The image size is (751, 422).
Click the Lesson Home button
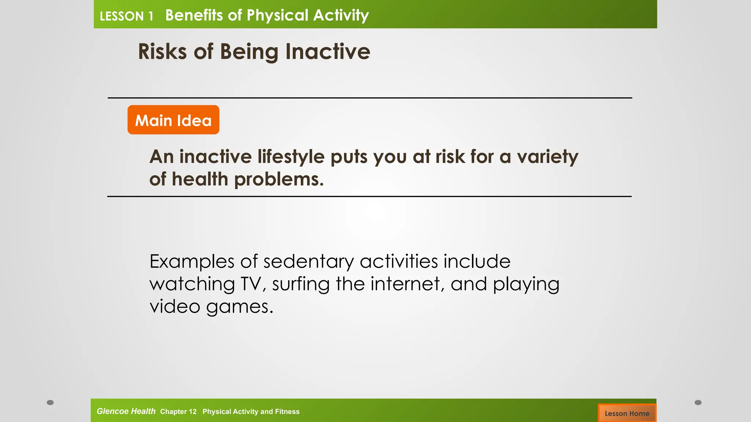(627, 413)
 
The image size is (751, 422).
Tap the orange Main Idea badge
(173, 120)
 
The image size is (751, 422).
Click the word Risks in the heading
(162, 51)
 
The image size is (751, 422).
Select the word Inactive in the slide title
(327, 51)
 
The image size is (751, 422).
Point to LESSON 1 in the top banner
(127, 16)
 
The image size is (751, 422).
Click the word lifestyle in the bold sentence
(291, 157)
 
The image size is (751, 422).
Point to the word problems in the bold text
(279, 179)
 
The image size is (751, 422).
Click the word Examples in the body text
(192, 262)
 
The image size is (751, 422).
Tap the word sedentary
(308, 262)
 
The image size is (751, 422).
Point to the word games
(240, 307)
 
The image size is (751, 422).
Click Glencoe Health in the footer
(126, 411)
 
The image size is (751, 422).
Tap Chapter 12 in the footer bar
(178, 411)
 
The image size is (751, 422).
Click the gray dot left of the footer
(50, 403)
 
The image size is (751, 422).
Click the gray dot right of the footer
(698, 403)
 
